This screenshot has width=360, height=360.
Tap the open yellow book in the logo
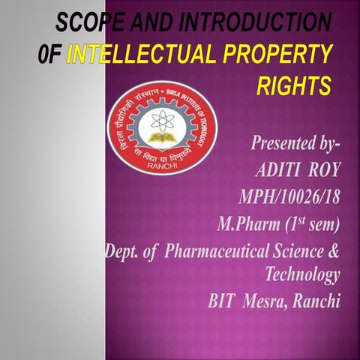(x=161, y=139)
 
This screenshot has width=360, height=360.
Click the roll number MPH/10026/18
(x=288, y=197)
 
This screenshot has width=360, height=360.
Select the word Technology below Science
(x=302, y=274)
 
